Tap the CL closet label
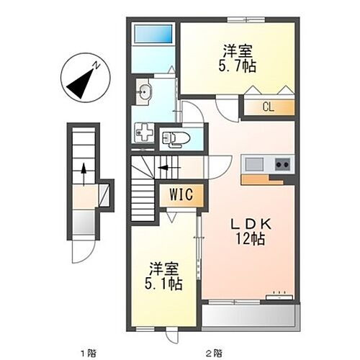pos(267,108)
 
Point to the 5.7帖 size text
pos(238,65)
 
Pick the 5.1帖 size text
pos(165,283)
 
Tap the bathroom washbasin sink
pos(143,92)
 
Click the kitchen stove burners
pos(281,165)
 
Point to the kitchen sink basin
pos(254,165)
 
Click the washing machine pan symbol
pos(144,133)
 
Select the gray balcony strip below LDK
pos(249,315)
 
